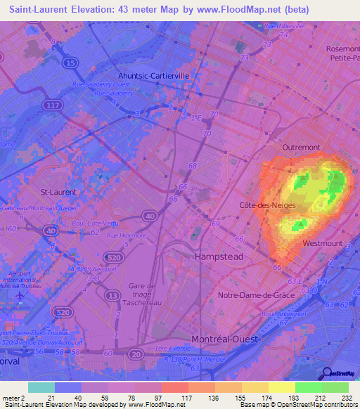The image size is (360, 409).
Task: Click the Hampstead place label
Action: (219, 257)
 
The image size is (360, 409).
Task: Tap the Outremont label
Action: (301, 148)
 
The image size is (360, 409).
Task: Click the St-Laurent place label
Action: (58, 191)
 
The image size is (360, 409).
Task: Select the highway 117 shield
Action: (50, 105)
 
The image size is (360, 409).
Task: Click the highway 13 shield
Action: (111, 296)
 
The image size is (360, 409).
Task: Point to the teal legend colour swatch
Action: (41, 387)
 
